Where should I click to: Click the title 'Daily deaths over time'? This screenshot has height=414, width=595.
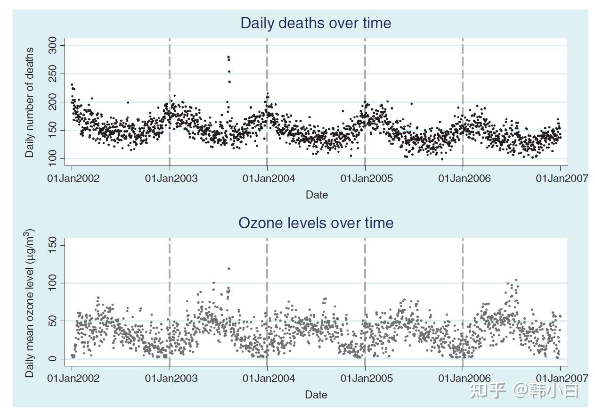(x=316, y=23)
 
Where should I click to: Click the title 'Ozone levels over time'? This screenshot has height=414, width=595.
(x=316, y=223)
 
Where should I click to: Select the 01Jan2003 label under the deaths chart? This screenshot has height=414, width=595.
(x=171, y=178)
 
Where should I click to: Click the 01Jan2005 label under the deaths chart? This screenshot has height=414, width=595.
(x=367, y=178)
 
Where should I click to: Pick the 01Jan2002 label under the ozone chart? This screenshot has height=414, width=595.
(x=73, y=378)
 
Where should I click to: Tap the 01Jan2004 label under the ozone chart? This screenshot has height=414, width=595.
(x=269, y=378)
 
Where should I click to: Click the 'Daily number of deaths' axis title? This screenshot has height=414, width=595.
(x=30, y=102)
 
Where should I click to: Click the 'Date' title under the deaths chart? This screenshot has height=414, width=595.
(x=317, y=195)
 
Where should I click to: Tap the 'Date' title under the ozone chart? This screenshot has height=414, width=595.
(x=316, y=395)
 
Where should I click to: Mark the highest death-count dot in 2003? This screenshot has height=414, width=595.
(x=228, y=57)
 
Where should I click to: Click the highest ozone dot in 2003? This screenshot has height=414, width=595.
(x=229, y=269)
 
